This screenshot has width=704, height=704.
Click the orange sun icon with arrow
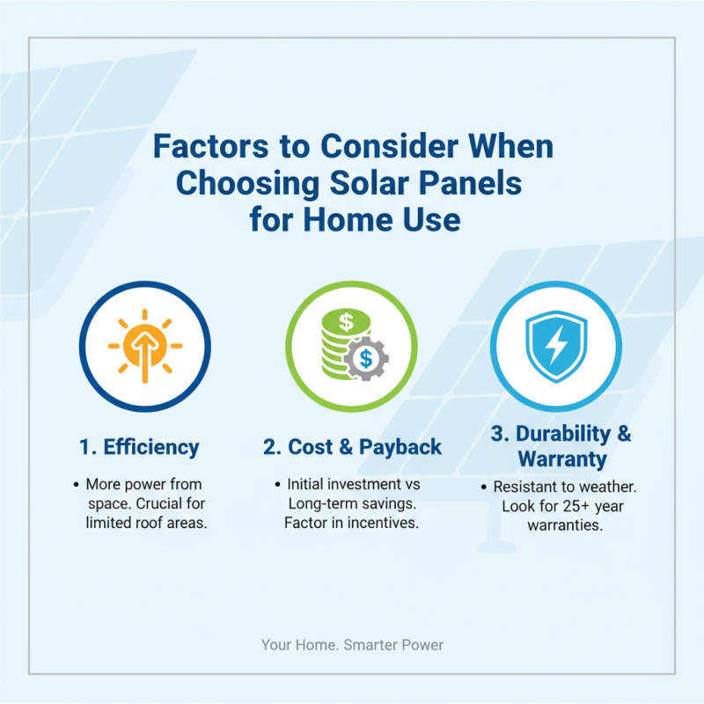coord(144,345)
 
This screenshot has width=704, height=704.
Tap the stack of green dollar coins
coord(339,339)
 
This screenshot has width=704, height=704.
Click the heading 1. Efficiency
coord(139,447)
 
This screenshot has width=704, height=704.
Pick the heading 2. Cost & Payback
coord(352,447)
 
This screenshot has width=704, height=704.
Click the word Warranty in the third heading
coord(561,459)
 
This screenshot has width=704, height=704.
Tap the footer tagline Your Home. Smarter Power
coord(352,645)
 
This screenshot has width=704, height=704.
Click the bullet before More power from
coord(76,485)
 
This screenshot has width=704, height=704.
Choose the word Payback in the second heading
coord(400,447)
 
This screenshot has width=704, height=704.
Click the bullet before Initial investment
coord(277,485)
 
